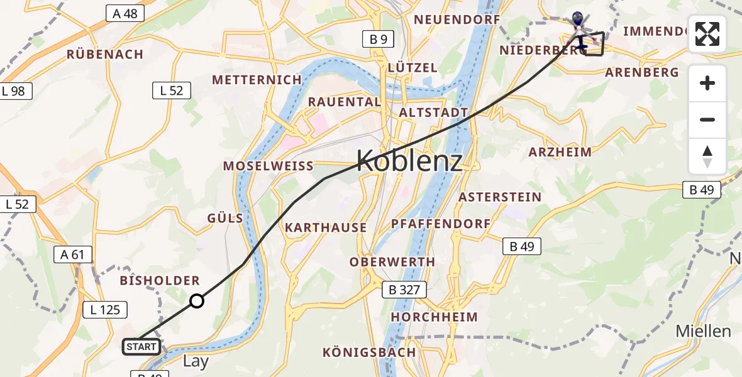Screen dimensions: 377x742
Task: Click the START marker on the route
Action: pyautogui.click(x=141, y=347)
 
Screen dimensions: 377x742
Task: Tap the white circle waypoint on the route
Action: pyautogui.click(x=197, y=301)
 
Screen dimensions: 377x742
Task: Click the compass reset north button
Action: pyautogui.click(x=707, y=156)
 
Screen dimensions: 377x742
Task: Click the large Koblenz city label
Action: pyautogui.click(x=409, y=162)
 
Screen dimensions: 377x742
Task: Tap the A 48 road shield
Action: pyautogui.click(x=125, y=13)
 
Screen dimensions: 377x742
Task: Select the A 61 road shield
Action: pyautogui.click(x=73, y=254)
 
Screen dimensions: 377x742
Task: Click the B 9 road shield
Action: pyautogui.click(x=379, y=40)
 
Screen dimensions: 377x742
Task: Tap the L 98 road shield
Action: pyautogui.click(x=13, y=91)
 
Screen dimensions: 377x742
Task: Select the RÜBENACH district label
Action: pyautogui.click(x=106, y=55)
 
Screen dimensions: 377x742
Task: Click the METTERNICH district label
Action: pyautogui.click(x=257, y=80)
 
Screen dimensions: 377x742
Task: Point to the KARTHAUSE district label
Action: pyautogui.click(x=326, y=227)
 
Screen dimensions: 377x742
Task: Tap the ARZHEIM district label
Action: pyautogui.click(x=560, y=152)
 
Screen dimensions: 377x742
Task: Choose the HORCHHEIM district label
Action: pyautogui.click(x=435, y=317)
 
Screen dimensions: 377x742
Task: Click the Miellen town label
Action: pyautogui.click(x=703, y=331)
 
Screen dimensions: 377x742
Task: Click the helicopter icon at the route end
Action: pyautogui.click(x=578, y=25)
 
